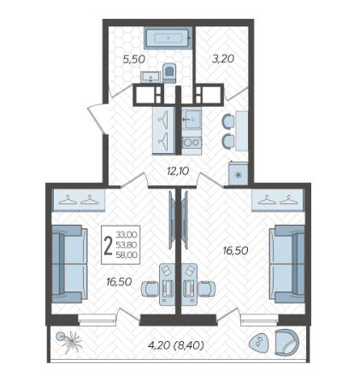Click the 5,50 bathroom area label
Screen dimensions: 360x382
(x=134, y=59)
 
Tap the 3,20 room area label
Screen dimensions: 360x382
(x=223, y=59)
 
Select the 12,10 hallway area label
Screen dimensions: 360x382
(x=178, y=172)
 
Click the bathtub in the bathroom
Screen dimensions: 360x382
(x=168, y=38)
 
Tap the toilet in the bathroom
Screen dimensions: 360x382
(x=169, y=73)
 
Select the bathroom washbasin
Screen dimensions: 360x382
(x=150, y=77)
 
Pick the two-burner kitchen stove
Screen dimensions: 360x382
(x=192, y=143)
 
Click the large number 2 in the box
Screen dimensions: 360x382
(x=109, y=246)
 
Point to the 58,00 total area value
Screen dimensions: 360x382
(x=127, y=256)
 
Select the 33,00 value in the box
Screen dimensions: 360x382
(x=127, y=235)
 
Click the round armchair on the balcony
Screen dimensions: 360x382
(x=286, y=342)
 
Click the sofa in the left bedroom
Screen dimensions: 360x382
(x=69, y=264)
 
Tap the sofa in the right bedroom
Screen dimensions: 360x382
(x=287, y=264)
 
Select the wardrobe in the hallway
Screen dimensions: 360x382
(x=163, y=131)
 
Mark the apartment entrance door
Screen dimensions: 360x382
(x=97, y=118)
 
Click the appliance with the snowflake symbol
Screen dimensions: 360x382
(x=239, y=173)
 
